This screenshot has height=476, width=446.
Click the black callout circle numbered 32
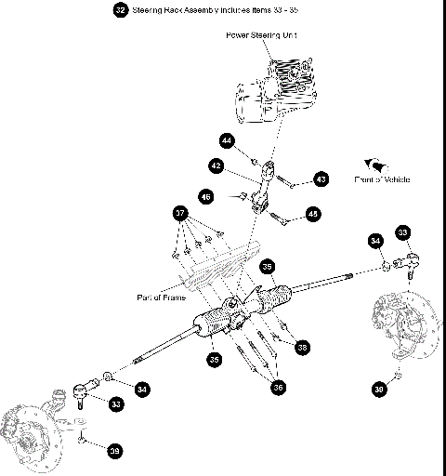pos(121,10)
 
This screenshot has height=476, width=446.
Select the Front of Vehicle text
pos(382,178)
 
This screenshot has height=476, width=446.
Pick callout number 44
pos(227,140)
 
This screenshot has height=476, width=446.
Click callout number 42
pos(216,165)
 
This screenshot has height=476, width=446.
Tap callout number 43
pos(321,178)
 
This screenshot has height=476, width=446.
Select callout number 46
pos(206,196)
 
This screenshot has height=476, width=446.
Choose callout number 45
pos(312,214)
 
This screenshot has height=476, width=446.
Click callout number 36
pos(278,388)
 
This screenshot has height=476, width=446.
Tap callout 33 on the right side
pos(402,231)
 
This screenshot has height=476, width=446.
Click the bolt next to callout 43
pos(291,181)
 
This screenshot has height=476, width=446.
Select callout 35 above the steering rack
pos(267,265)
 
